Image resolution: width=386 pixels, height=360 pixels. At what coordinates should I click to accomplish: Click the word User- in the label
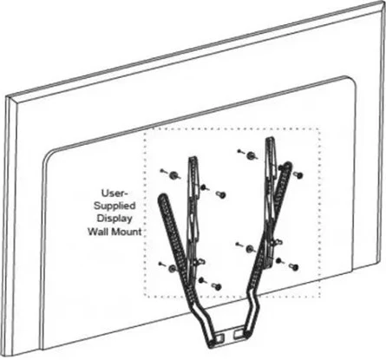pos(114,193)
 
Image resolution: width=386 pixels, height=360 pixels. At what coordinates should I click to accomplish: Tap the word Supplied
pos(114,206)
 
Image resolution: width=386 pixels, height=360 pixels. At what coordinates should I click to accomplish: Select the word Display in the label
pos(114,219)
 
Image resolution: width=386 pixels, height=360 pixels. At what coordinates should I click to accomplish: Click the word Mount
pos(127,232)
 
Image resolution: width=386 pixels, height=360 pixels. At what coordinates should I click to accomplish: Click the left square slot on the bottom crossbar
pos(219,337)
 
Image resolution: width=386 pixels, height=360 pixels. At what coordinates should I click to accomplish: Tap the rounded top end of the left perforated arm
pos(162,197)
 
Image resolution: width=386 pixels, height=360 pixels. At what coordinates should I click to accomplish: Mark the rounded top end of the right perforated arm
pos(288,165)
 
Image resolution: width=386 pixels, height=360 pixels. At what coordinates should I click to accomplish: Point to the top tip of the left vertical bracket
pos(193,158)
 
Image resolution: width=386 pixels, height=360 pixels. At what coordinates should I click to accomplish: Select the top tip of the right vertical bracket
pos(269,139)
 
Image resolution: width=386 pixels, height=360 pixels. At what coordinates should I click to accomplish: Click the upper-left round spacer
pos(173,175)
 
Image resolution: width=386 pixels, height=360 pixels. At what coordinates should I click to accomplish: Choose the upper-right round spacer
pos(251,155)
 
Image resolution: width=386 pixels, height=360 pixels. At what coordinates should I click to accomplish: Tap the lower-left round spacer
pos(173,268)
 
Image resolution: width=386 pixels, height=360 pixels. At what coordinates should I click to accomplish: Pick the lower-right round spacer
pos(250,249)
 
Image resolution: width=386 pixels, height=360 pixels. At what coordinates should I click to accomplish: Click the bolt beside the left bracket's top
pos(221,194)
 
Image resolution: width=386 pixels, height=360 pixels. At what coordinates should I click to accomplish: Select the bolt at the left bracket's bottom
pos(218,286)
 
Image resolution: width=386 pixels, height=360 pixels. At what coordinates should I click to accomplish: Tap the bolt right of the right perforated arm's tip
pos(298,175)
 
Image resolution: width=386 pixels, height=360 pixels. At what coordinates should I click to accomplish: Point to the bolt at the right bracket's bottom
pos(294,267)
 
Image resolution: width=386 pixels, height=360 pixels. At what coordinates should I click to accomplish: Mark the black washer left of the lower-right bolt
pos(278,260)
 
